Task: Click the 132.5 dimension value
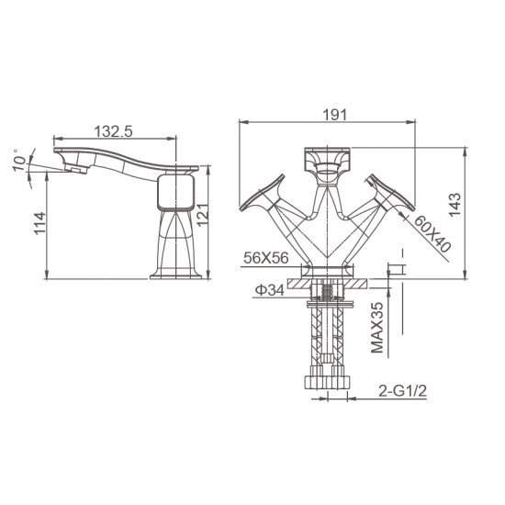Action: tap(113, 131)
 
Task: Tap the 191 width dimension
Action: tap(335, 115)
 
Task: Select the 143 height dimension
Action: tap(455, 205)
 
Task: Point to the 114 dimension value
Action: tap(40, 223)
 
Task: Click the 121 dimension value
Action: tap(203, 215)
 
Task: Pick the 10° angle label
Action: tap(20, 160)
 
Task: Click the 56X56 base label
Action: tap(266, 258)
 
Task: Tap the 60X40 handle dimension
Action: tap(432, 233)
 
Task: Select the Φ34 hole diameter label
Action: tap(270, 290)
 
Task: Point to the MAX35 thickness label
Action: tap(377, 328)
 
